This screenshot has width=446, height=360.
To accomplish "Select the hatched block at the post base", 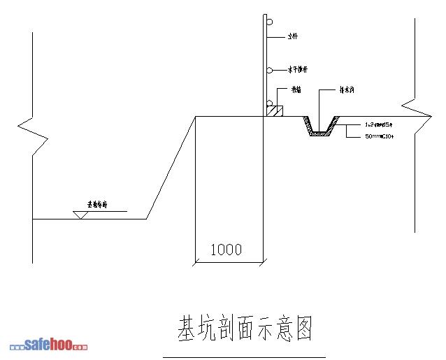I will (x=275, y=110).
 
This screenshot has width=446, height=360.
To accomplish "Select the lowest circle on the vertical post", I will (x=268, y=103).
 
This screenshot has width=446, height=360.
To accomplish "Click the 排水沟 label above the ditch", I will (x=347, y=90).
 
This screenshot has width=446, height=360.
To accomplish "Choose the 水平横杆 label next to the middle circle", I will (x=298, y=70).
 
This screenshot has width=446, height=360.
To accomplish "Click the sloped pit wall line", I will (x=171, y=167).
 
